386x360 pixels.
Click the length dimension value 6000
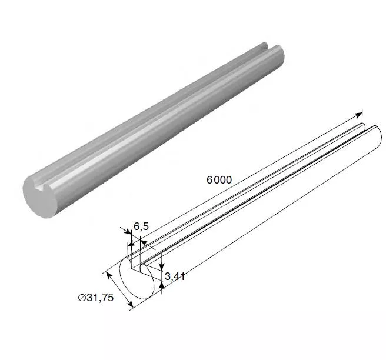point(219,180)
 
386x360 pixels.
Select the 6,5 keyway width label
point(141,226)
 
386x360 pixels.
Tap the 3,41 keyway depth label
point(175,276)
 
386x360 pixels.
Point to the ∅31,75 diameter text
point(96,298)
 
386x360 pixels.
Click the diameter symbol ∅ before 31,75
point(82,298)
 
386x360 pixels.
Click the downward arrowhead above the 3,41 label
point(161,266)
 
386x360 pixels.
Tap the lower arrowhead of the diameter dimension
point(129,304)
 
